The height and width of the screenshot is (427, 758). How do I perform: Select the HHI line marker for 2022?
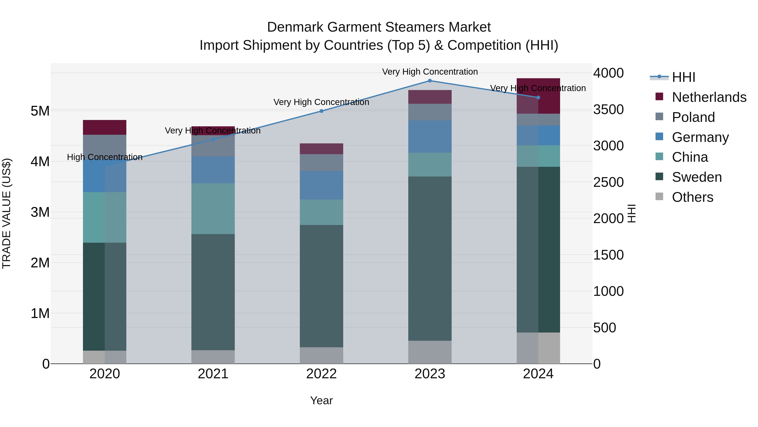tap(321, 111)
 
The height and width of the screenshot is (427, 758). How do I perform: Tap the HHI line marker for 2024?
tap(538, 98)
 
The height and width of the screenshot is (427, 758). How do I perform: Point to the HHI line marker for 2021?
tap(213, 140)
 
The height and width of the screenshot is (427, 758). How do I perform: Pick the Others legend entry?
tap(692, 197)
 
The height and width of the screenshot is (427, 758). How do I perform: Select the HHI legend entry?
tap(683, 77)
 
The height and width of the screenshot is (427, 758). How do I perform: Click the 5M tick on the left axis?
tap(40, 111)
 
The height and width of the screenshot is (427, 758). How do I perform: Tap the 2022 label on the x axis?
tap(321, 374)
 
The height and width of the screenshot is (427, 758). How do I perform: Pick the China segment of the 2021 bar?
tap(213, 209)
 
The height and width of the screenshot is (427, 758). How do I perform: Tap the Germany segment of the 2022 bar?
tap(321, 185)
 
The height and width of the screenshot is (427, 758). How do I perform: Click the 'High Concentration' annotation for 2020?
tap(105, 157)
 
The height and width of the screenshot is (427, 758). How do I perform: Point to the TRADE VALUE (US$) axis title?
tap(7, 213)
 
